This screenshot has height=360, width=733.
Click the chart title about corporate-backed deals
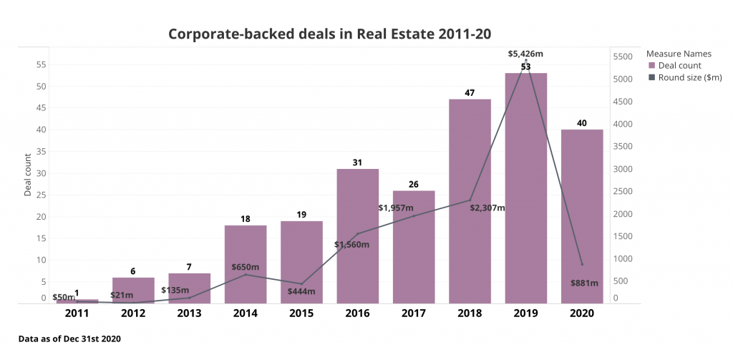pos(329,34)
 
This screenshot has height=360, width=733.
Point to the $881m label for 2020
pos(584,283)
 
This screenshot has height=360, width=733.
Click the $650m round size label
pos(245,267)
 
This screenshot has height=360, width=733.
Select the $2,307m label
pos(487,208)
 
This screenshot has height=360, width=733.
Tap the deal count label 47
pos(470,92)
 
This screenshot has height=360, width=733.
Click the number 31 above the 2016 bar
pos(357,162)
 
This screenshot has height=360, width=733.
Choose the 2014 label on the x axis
pos(245,313)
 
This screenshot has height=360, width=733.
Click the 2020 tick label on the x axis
pos(581,313)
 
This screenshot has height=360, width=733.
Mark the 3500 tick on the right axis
pos(624,146)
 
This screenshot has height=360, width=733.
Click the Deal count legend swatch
pos(651,66)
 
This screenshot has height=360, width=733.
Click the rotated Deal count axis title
pos(28,175)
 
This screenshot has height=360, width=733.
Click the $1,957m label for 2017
pos(396,208)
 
